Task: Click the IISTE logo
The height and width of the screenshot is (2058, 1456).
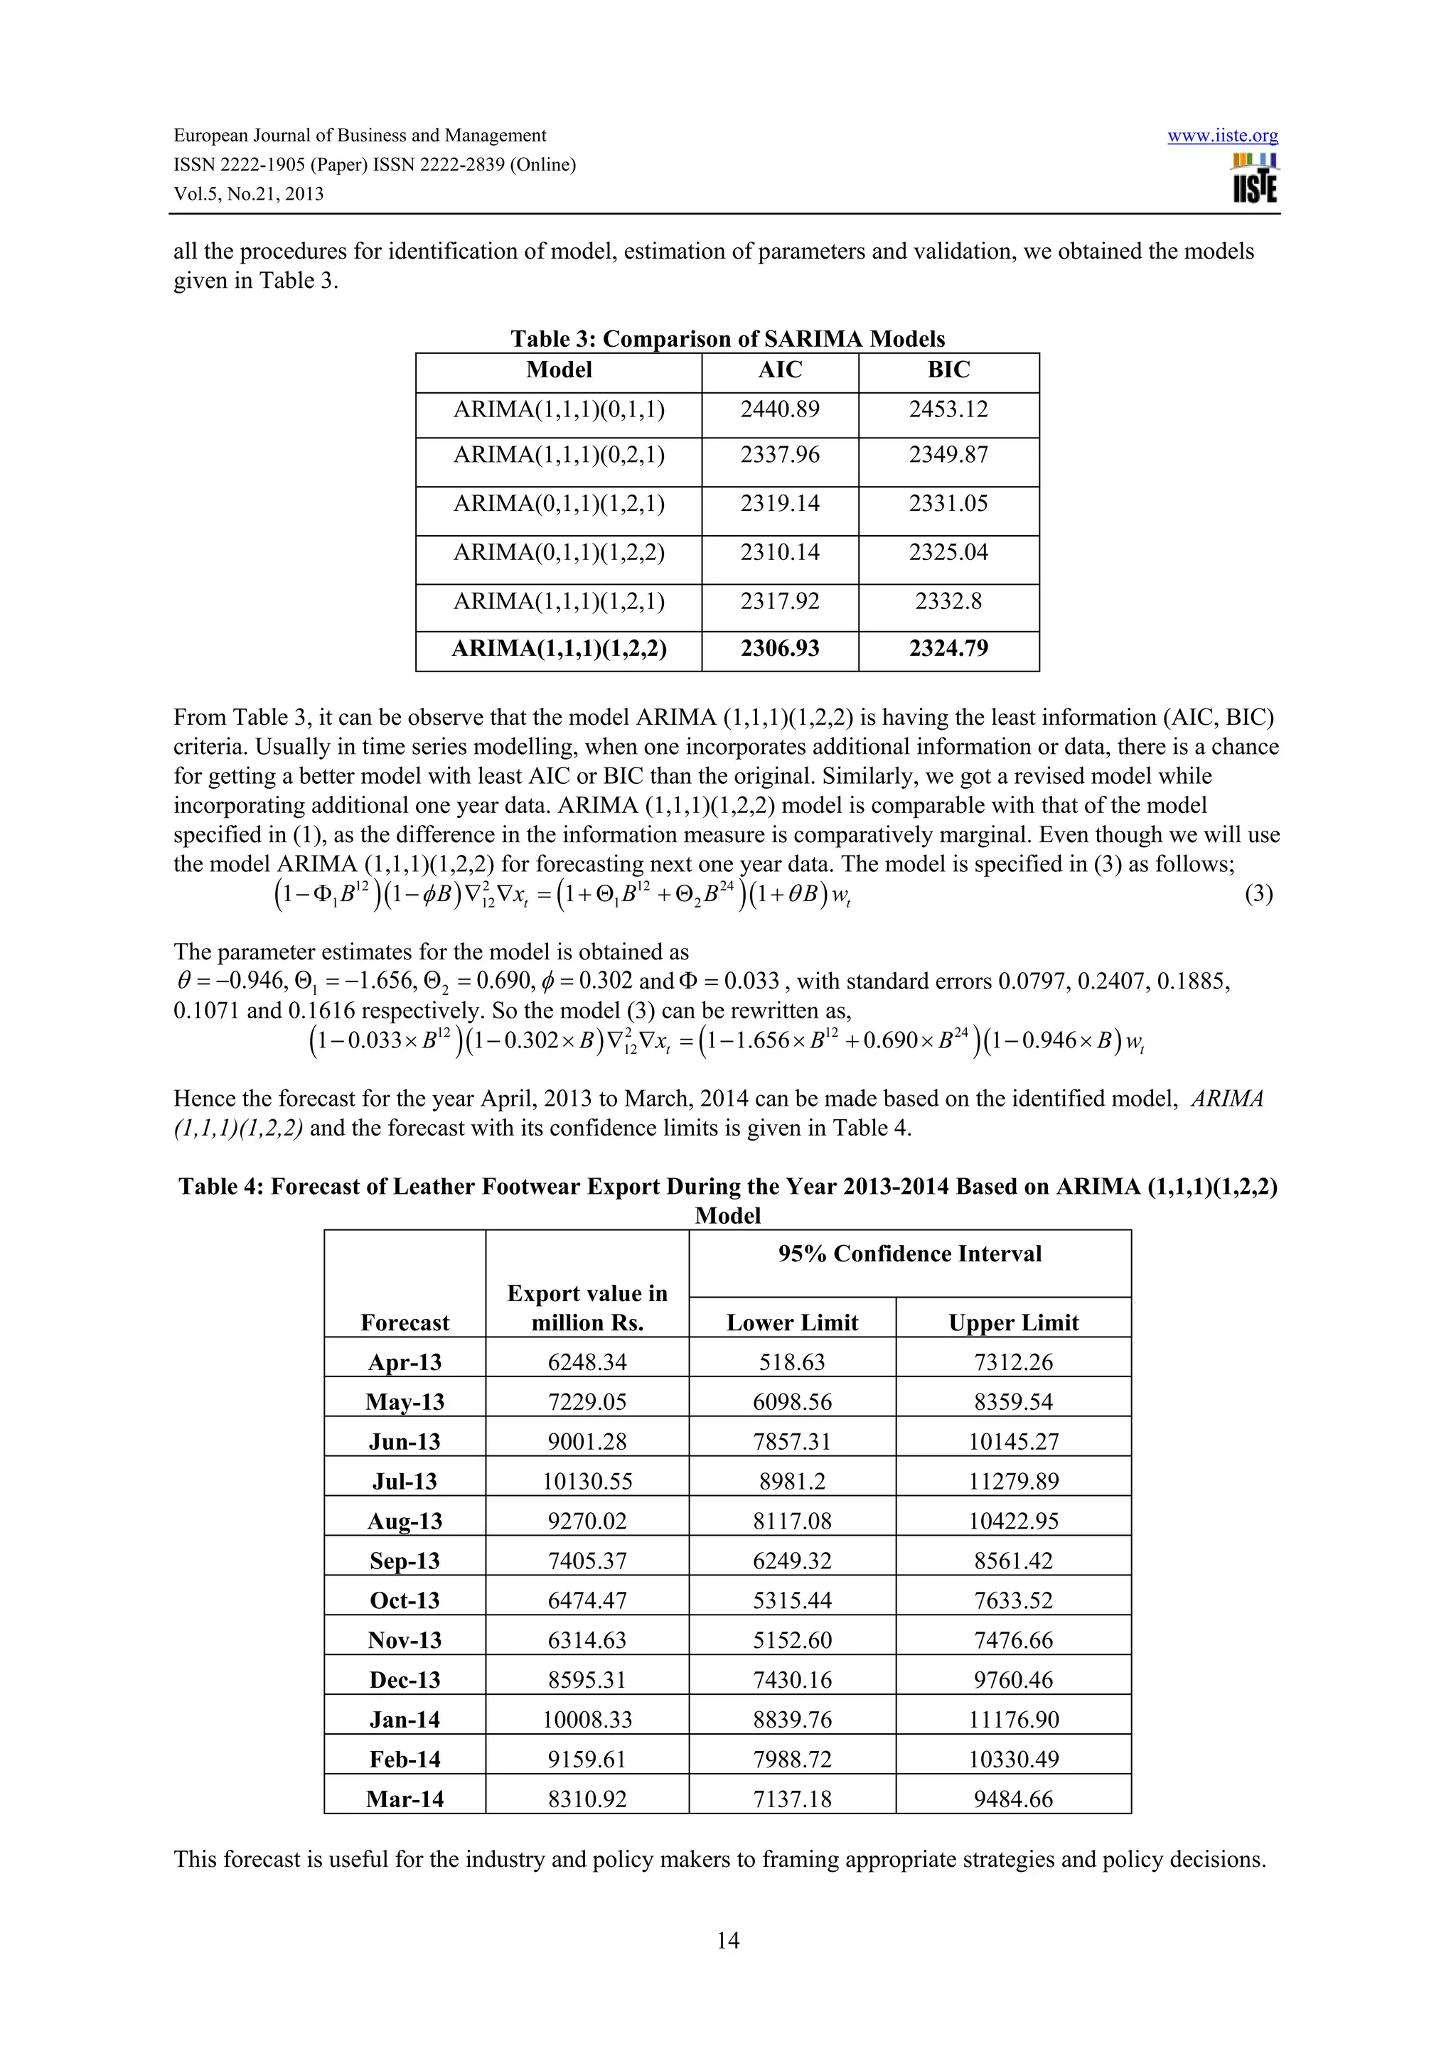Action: click(1256, 179)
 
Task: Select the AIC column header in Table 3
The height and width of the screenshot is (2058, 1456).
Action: click(780, 370)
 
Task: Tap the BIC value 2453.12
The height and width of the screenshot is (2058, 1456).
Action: click(948, 409)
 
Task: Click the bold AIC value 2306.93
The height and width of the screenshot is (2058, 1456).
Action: click(780, 649)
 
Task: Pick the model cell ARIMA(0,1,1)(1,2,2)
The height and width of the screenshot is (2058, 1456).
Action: click(559, 552)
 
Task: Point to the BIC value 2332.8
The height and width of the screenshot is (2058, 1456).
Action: click(948, 600)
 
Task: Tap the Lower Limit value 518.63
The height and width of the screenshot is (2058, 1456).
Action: click(792, 1362)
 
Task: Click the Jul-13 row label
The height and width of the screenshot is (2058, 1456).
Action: click(405, 1482)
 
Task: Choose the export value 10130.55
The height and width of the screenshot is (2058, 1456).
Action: click(587, 1482)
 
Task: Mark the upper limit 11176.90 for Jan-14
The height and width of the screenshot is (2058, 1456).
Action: click(1013, 1720)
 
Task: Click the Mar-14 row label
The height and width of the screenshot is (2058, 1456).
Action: click(405, 1799)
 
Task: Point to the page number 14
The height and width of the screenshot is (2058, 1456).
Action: click(728, 1941)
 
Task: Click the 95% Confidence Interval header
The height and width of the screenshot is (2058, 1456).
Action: click(910, 1254)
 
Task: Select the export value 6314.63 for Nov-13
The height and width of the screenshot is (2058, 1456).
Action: click(587, 1640)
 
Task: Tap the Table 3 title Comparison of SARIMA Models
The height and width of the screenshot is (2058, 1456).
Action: click(727, 339)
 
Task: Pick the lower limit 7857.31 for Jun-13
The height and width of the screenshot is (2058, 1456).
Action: click(792, 1442)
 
